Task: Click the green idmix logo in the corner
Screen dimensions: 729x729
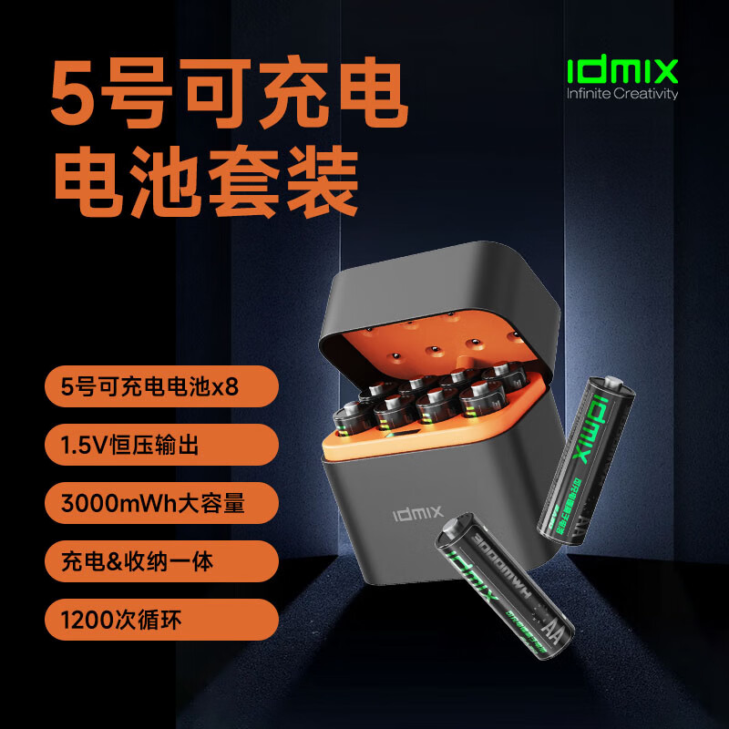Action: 622,70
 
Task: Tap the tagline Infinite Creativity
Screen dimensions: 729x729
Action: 622,93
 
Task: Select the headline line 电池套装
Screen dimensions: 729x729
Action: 205,181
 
